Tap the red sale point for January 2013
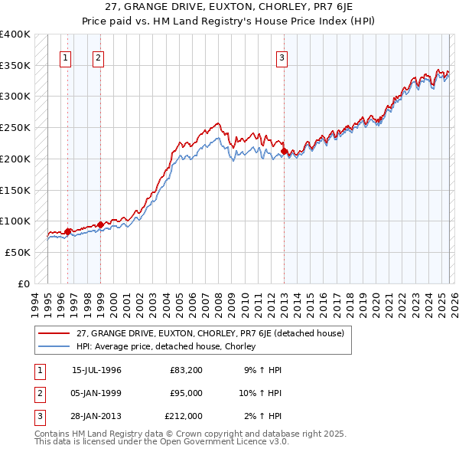[285, 152]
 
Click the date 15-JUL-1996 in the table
[96, 370]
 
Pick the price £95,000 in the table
[186, 393]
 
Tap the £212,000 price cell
[184, 416]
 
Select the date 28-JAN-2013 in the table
[96, 416]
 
